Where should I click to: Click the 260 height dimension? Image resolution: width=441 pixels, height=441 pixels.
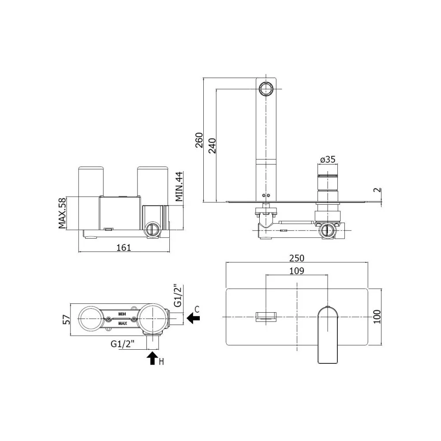click(x=199, y=140)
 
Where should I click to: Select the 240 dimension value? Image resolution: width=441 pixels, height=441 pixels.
click(x=212, y=146)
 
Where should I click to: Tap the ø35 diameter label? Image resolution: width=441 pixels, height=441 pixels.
click(x=328, y=160)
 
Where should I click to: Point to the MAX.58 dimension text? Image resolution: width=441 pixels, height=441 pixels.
click(x=62, y=213)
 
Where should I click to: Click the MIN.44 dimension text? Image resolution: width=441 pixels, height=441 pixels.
click(x=179, y=187)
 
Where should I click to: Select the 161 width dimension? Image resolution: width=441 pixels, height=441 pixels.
click(x=124, y=247)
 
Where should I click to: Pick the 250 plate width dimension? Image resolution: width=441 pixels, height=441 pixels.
click(x=297, y=258)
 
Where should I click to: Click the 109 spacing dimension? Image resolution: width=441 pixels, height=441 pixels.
click(x=297, y=271)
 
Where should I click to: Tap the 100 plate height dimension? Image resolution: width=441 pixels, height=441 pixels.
click(x=377, y=317)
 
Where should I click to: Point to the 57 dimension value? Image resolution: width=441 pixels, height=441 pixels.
click(x=67, y=319)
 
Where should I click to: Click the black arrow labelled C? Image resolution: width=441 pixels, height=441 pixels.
click(x=193, y=318)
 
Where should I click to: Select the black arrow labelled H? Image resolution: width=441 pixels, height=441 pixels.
click(x=153, y=358)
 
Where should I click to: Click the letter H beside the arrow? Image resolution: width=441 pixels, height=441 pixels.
click(x=161, y=362)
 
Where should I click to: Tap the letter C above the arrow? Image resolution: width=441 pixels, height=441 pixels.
click(x=197, y=310)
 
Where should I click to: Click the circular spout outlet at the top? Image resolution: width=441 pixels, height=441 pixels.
click(x=266, y=90)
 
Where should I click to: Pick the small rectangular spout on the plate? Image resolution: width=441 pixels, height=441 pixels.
click(x=266, y=317)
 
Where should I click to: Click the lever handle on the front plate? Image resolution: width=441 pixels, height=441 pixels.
click(x=328, y=334)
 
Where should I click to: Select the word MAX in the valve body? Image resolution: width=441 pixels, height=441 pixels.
click(x=122, y=323)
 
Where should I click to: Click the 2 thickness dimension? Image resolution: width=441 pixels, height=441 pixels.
click(x=378, y=190)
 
